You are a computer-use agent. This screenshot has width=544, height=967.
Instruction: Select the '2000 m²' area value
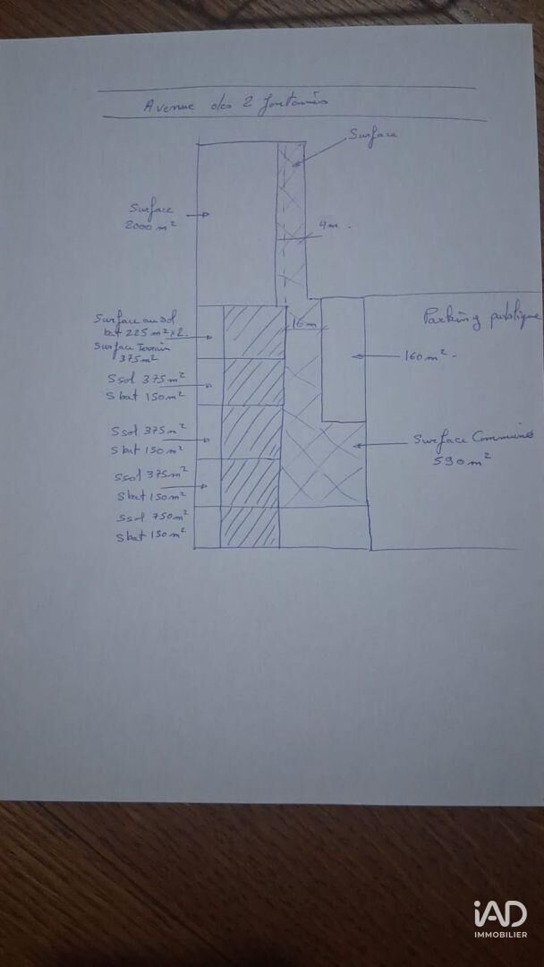[x=150, y=227]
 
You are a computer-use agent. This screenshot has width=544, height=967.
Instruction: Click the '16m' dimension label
[x=303, y=322]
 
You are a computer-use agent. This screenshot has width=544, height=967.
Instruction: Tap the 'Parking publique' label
[x=480, y=318]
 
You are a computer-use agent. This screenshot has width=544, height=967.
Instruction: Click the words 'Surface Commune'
[x=467, y=440]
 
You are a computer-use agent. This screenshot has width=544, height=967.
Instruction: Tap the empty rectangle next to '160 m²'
[x=342, y=358]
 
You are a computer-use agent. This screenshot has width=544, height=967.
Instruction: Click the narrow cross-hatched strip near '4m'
[x=292, y=224]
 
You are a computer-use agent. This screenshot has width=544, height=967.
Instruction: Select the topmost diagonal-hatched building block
[x=253, y=331]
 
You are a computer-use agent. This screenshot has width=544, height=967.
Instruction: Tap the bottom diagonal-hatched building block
[x=250, y=526]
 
